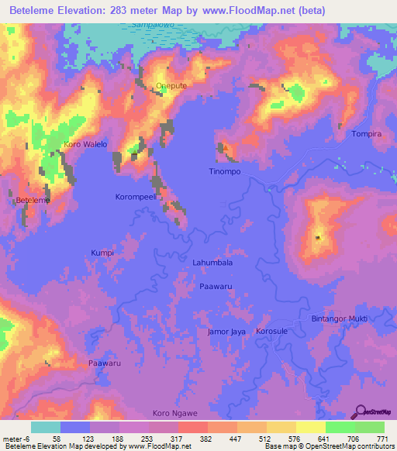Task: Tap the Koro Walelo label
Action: point(85,144)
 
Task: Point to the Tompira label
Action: point(367,134)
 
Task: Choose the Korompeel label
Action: point(136,197)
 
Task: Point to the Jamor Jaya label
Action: point(226,332)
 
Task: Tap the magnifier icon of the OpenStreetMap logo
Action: point(361,411)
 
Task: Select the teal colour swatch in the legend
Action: point(46,427)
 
